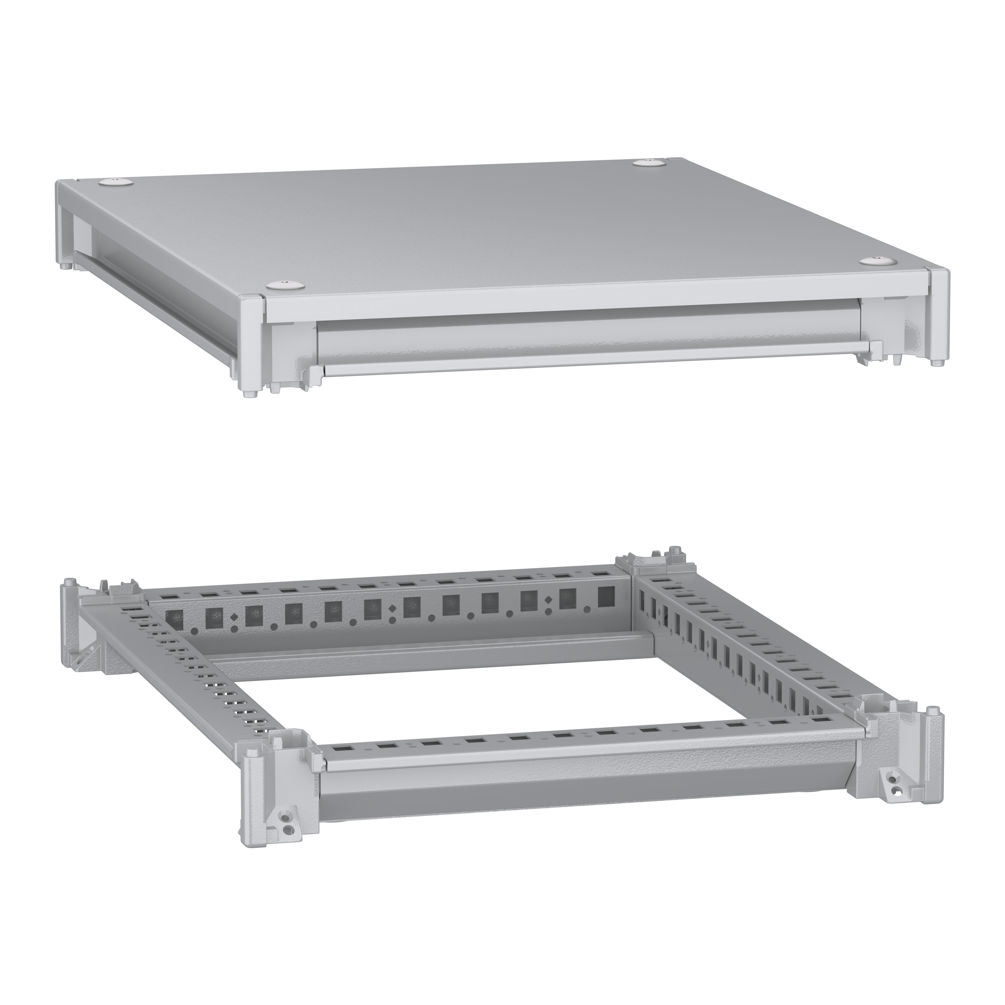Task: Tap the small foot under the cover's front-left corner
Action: [x=251, y=394]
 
